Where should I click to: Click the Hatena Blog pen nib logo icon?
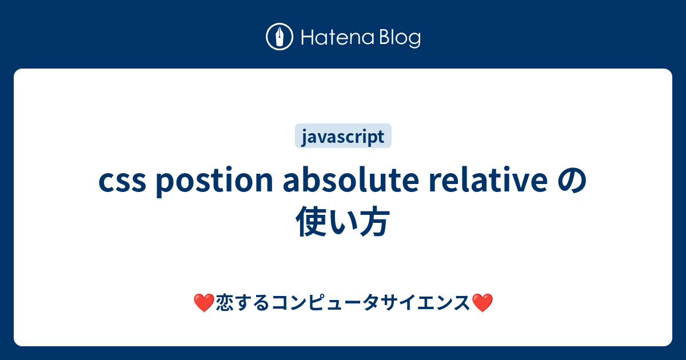(x=280, y=37)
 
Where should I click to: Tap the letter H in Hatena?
(x=305, y=38)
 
